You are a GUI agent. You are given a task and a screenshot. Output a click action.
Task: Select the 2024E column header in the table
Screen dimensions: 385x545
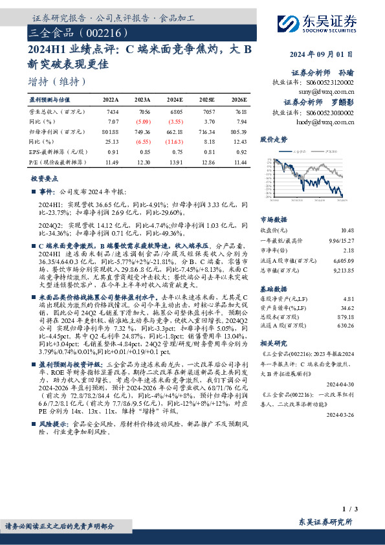(175, 100)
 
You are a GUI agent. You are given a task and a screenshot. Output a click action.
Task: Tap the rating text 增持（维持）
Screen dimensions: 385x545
(58, 82)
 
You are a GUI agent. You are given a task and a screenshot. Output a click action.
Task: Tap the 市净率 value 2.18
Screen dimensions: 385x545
(348, 249)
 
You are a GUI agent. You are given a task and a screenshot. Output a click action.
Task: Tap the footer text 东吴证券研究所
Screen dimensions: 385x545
(325, 522)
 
